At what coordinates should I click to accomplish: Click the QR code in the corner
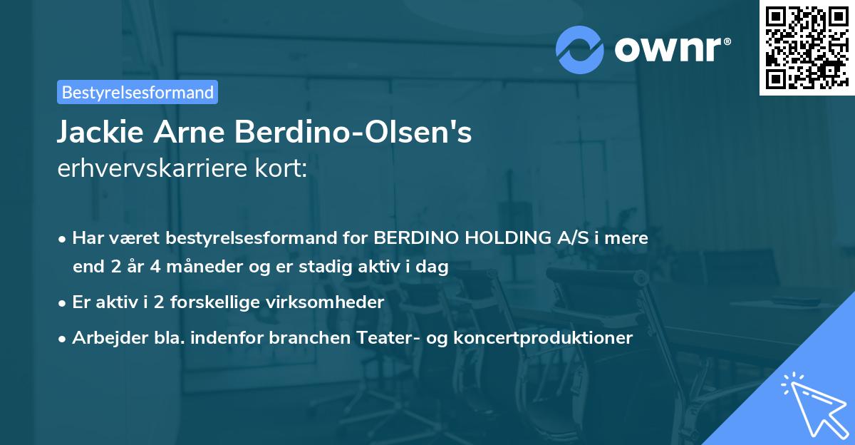coord(807,48)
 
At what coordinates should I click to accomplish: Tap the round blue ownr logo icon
coord(581,48)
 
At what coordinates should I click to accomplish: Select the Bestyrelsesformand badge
coord(137,92)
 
